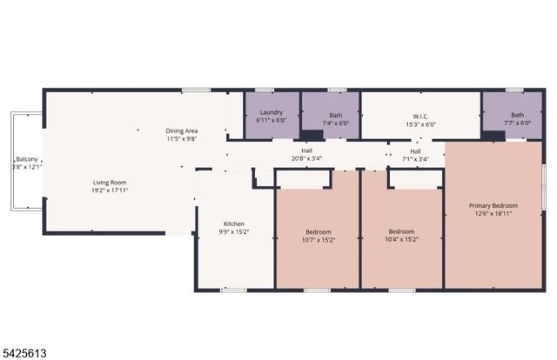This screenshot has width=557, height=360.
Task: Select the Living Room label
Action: point(111,183)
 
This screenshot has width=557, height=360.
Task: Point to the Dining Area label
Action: point(182,131)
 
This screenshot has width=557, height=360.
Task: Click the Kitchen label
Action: point(234,223)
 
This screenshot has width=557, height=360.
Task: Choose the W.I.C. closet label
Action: point(420,116)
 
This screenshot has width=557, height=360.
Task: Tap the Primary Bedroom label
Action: point(493,205)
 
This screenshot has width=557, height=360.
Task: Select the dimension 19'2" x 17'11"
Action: point(111,190)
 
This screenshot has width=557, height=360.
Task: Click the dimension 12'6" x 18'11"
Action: point(493,213)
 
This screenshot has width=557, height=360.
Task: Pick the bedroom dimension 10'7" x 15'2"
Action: point(319,240)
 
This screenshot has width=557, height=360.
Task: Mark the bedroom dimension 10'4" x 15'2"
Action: point(401,240)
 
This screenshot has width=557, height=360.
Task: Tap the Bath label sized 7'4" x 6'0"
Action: point(335,116)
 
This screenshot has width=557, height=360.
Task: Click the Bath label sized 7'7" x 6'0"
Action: point(517,116)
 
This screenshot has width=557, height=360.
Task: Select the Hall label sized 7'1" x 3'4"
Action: point(415,150)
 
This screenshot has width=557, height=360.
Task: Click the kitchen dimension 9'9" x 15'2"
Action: point(234,231)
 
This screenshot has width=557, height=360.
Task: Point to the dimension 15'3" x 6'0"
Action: point(420,123)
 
